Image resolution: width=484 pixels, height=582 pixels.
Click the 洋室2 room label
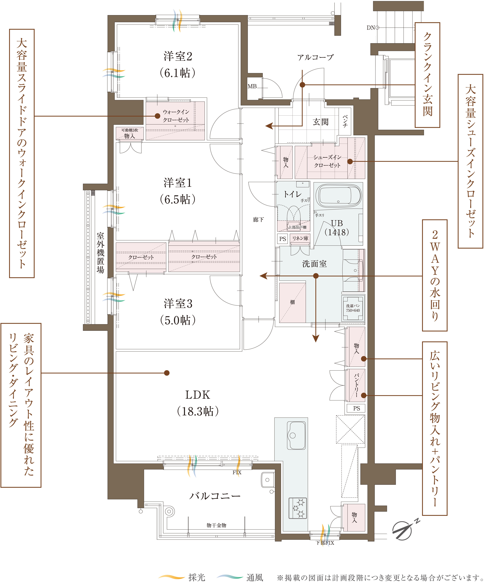point(178,56)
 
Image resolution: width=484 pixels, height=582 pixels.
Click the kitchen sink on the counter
point(296,435)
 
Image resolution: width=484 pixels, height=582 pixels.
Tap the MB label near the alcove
point(252,87)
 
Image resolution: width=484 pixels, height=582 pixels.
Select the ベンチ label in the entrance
point(345,121)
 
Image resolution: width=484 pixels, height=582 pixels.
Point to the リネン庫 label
point(300,238)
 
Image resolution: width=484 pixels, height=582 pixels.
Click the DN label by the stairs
point(371,28)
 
